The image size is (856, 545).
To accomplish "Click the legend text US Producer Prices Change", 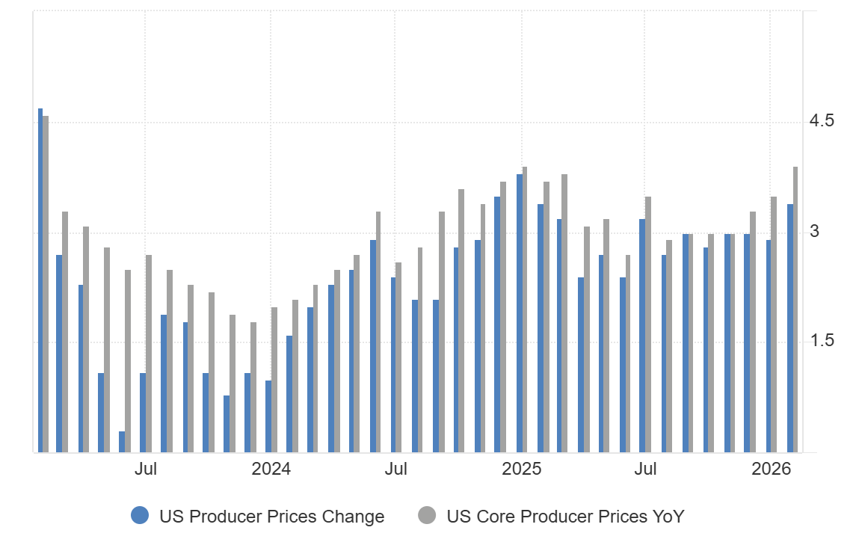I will point(271,517).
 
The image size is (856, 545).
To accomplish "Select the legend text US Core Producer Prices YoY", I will point(565,517).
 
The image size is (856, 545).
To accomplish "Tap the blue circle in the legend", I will point(140,516).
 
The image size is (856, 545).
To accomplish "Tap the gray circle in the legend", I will point(427,516).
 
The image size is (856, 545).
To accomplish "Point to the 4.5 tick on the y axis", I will point(822,121).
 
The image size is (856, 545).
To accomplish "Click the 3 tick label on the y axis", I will point(814,232).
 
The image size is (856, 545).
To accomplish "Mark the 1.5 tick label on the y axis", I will point(822,342).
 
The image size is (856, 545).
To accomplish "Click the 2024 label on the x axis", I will point(271,469).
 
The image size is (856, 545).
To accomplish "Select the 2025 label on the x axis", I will point(521,469).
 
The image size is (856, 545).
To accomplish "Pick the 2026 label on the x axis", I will point(772,469).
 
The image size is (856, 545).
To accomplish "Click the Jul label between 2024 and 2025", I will point(395,469).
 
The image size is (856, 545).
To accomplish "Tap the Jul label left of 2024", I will point(145,469).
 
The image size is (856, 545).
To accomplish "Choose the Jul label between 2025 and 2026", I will point(645,469).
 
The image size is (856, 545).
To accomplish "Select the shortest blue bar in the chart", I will point(122,442).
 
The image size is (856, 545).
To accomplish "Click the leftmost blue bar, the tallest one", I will point(40,280).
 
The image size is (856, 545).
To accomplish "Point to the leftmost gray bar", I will point(46,284).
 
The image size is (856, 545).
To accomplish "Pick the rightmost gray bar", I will point(795,310).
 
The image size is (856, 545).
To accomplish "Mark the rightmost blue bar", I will point(789,328).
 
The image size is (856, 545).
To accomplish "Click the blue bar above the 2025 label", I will point(519,313).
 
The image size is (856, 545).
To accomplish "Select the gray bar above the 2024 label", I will point(274,380).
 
